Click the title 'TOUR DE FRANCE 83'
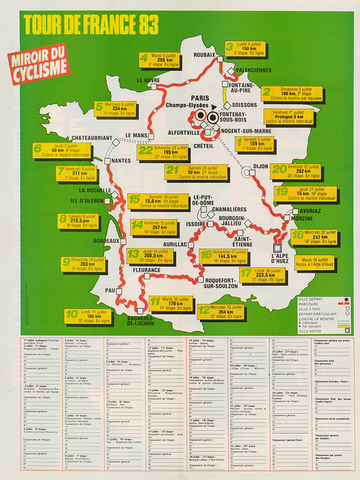[179, 20]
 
